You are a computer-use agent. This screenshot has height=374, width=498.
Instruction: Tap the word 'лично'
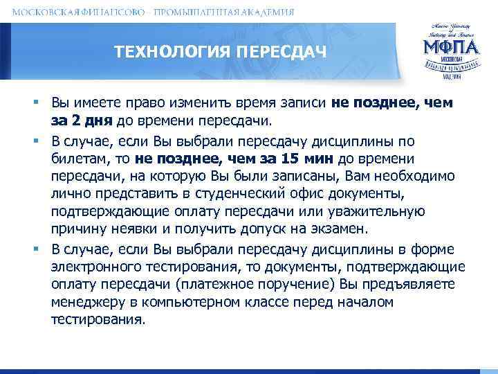[67, 193]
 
